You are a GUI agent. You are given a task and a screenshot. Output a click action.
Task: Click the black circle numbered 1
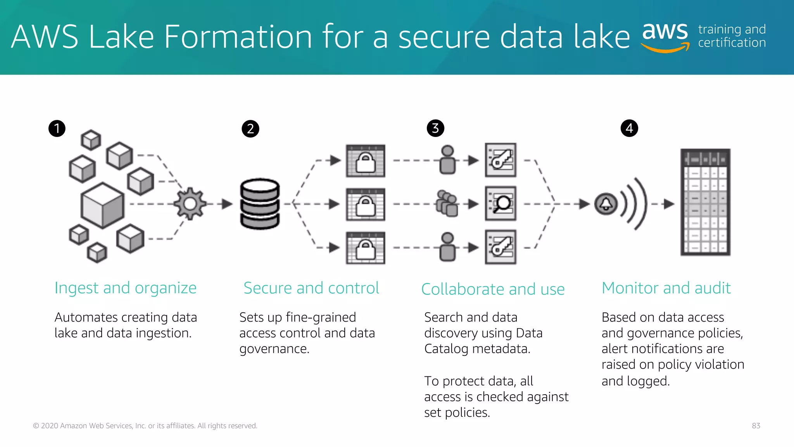tap(57, 128)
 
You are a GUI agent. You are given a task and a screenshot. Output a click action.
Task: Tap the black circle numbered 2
tap(250, 129)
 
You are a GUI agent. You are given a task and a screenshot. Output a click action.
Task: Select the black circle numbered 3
tap(435, 128)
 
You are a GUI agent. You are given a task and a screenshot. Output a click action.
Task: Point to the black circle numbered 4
tap(629, 128)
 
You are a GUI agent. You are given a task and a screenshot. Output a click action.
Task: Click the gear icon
tap(190, 204)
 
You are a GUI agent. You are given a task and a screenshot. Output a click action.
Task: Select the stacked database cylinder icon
tap(260, 204)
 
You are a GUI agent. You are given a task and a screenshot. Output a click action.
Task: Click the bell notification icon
tap(606, 204)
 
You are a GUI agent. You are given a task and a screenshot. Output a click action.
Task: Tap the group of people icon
tap(447, 203)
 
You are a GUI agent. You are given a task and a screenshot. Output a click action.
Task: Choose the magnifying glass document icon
tap(501, 203)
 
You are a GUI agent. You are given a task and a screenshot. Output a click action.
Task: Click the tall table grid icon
tap(706, 202)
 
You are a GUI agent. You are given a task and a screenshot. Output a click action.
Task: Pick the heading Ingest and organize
tap(125, 288)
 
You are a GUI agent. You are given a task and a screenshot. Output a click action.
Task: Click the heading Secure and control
tap(311, 288)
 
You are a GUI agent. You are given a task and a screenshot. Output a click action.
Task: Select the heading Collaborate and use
tap(493, 289)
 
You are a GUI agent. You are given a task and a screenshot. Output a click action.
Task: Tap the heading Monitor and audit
tap(666, 288)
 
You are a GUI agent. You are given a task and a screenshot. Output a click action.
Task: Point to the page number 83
tap(756, 426)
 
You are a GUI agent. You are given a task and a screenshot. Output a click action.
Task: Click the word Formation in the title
tap(238, 37)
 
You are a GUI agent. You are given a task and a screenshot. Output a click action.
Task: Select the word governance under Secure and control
tap(274, 349)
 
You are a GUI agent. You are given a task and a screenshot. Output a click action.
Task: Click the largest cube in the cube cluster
tap(102, 205)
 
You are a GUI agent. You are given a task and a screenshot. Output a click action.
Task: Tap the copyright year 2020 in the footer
tap(50, 426)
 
